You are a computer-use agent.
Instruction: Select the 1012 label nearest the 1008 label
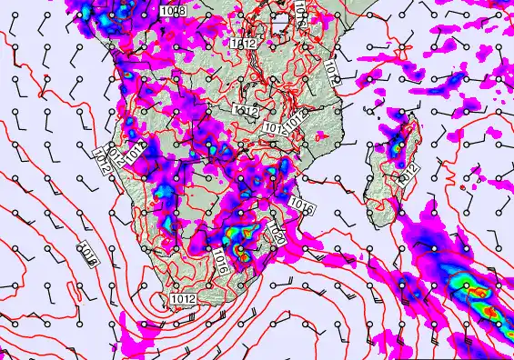point(241,42)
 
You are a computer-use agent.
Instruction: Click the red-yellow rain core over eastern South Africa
point(241,248)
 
